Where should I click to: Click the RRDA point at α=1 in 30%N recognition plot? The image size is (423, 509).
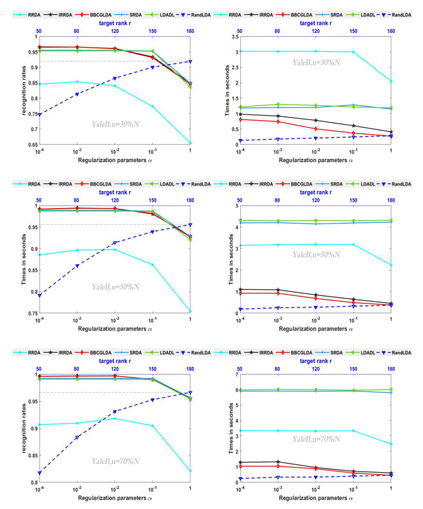191,143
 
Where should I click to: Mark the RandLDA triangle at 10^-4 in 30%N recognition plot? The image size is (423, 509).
39,115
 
